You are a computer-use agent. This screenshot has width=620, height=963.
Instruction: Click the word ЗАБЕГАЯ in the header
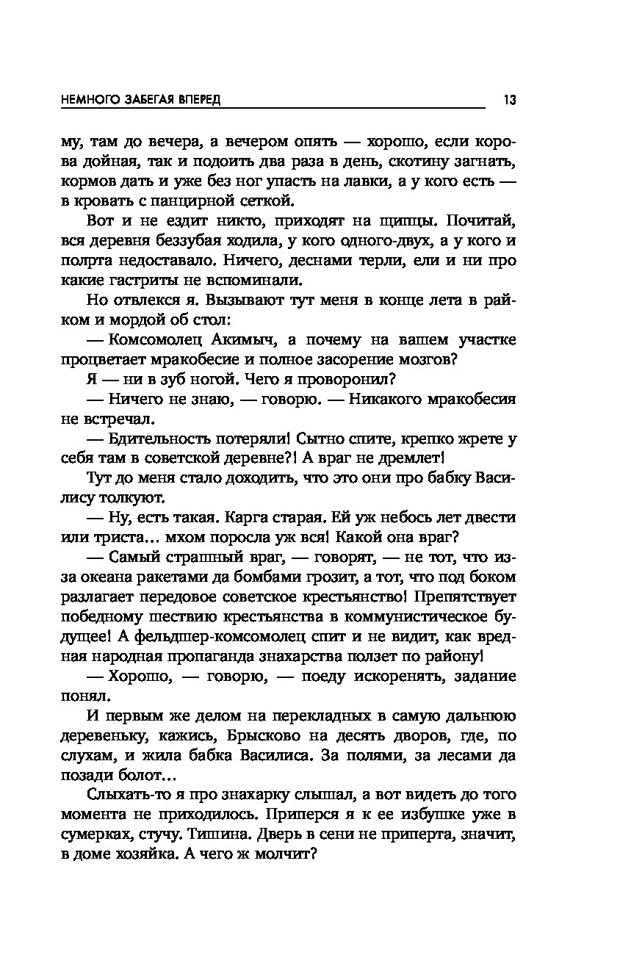[x=140, y=100]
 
